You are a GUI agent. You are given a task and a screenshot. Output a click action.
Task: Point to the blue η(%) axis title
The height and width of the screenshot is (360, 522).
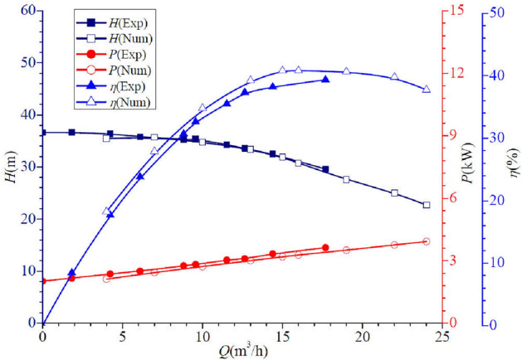pyautogui.click(x=513, y=167)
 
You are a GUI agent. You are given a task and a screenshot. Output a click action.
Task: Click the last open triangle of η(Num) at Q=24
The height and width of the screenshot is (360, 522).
pyautogui.click(x=427, y=89)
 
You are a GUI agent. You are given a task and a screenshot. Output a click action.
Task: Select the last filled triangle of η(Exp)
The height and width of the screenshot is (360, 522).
pyautogui.click(x=325, y=80)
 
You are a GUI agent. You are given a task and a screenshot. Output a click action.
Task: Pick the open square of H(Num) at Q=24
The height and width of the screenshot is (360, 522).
pyautogui.click(x=427, y=205)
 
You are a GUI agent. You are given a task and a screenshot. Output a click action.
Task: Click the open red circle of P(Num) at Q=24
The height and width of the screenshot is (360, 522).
pyautogui.click(x=427, y=241)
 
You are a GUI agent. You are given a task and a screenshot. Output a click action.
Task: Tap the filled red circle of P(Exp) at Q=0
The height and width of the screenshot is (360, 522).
pyautogui.click(x=43, y=281)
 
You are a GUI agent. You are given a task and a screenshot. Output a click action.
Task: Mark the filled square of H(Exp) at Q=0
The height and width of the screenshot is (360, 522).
pyautogui.click(x=43, y=132)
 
